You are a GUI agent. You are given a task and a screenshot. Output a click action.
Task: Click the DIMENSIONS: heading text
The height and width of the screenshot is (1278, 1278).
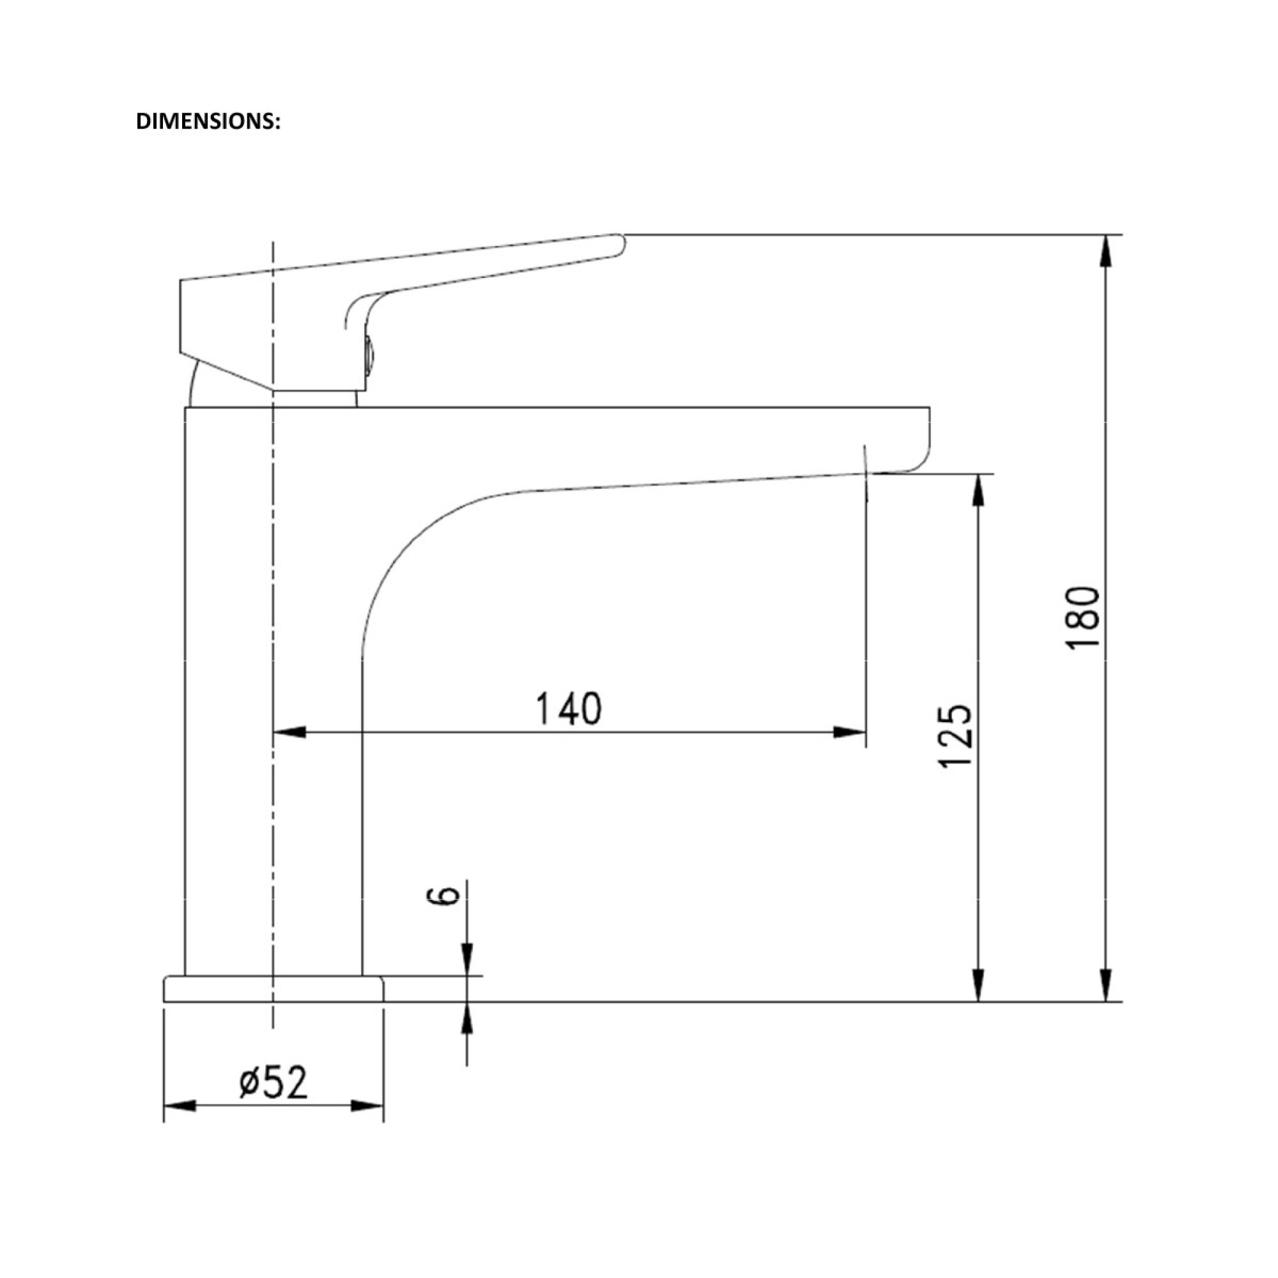(x=208, y=121)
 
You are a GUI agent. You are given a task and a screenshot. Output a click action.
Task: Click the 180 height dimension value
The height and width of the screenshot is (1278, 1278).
(x=1083, y=618)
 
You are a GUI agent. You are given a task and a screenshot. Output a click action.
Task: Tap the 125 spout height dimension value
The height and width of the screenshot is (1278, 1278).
(x=956, y=735)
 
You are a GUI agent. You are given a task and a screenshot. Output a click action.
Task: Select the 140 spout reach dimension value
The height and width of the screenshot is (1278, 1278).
(x=569, y=709)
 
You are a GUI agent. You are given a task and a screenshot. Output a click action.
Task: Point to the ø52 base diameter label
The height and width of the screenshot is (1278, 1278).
(x=274, y=1082)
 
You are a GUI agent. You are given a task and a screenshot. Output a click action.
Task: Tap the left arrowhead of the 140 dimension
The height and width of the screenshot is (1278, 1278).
(x=289, y=732)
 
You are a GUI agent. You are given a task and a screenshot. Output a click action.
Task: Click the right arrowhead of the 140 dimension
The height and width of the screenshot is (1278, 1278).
(x=849, y=732)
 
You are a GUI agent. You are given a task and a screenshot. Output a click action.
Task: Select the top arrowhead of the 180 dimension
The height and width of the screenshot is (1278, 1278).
(x=1105, y=251)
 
